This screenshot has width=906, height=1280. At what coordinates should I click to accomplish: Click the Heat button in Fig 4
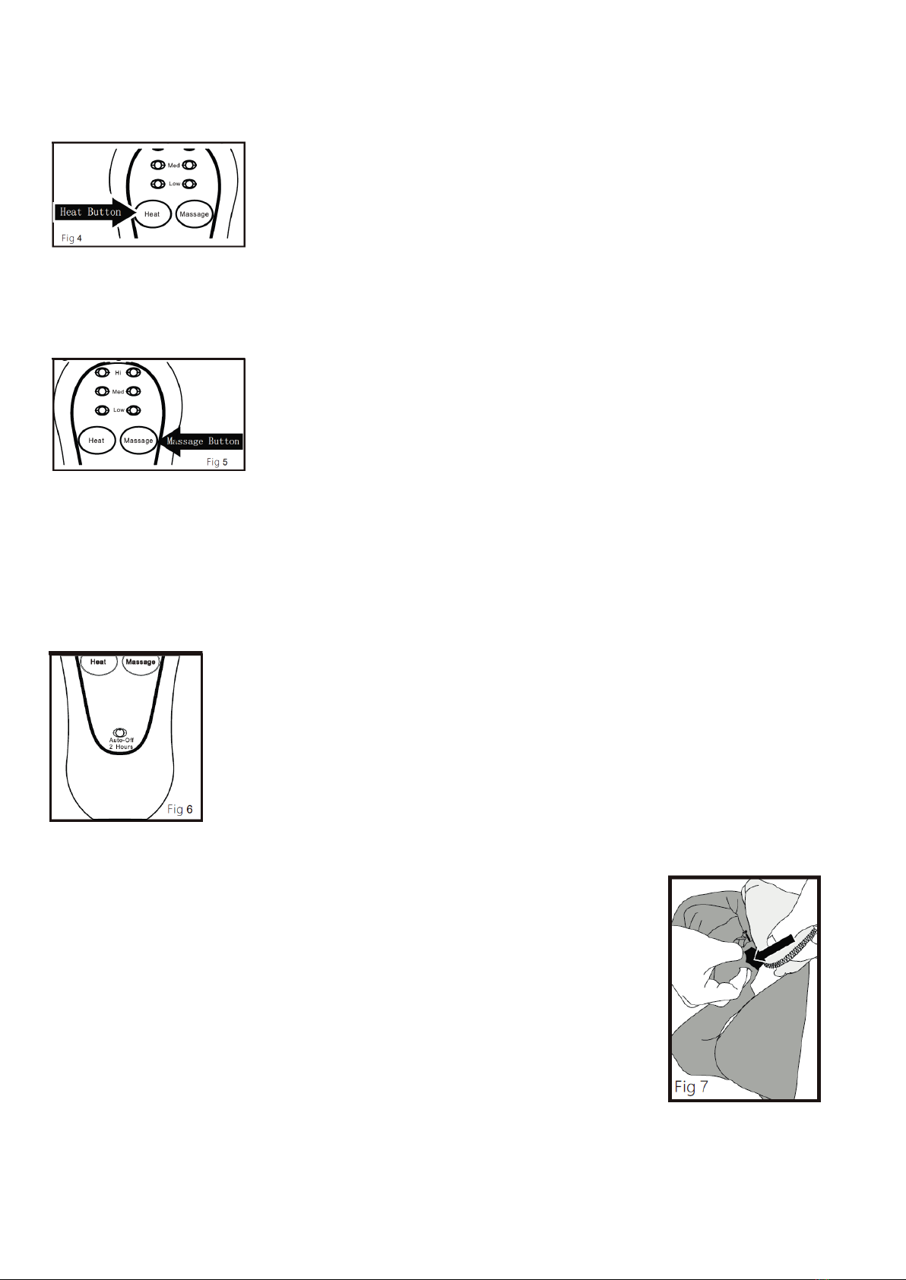click(x=153, y=214)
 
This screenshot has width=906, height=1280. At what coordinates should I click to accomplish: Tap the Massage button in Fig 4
click(x=195, y=214)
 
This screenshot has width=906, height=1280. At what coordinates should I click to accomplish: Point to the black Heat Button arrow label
click(x=95, y=212)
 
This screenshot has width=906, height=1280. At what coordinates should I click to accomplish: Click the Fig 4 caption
click(x=71, y=239)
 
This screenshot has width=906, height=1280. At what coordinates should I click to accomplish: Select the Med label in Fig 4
click(x=174, y=165)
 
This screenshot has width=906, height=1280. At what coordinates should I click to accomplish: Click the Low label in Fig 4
click(x=174, y=183)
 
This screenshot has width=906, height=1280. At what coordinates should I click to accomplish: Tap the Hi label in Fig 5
click(x=119, y=372)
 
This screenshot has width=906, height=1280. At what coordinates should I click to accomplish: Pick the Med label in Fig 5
click(x=119, y=391)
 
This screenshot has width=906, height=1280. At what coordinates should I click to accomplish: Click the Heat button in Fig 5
click(x=97, y=441)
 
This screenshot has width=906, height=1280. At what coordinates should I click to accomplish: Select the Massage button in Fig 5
click(x=138, y=441)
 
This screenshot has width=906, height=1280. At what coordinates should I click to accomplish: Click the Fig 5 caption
click(x=217, y=462)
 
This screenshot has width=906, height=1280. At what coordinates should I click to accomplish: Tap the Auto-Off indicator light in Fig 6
click(x=120, y=732)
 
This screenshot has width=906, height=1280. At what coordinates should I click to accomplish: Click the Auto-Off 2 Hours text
click(x=121, y=744)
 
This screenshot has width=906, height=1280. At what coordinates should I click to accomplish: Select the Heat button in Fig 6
click(x=98, y=663)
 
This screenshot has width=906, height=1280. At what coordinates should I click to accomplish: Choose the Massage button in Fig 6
click(x=141, y=663)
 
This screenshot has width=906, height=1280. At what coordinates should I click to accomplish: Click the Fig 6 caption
click(x=179, y=809)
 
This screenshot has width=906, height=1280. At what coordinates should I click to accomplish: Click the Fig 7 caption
click(x=691, y=1086)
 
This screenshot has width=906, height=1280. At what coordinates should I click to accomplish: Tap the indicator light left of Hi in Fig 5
click(x=103, y=372)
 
